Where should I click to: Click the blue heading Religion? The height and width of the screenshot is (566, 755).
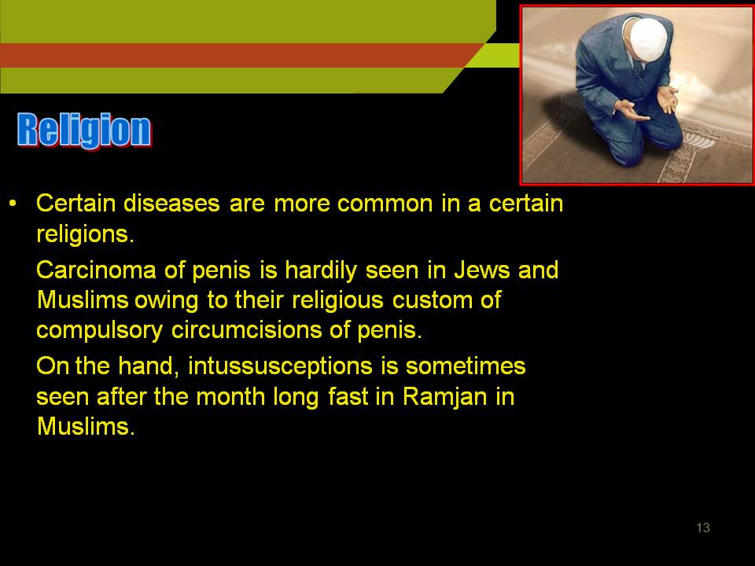(84, 130)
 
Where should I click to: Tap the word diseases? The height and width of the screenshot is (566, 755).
(171, 203)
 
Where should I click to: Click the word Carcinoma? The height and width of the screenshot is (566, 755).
(96, 270)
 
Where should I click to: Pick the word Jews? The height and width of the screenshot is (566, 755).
(482, 270)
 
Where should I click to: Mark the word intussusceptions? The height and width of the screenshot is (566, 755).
(280, 367)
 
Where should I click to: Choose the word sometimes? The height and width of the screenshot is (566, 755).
(466, 366)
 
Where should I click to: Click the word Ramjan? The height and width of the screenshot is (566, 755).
(445, 398)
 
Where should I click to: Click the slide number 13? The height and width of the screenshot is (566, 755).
(703, 527)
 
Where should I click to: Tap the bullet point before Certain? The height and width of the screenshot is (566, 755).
(13, 204)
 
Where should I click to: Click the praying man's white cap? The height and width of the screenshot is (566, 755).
(648, 39)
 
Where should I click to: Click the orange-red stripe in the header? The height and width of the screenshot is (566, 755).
(241, 55)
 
